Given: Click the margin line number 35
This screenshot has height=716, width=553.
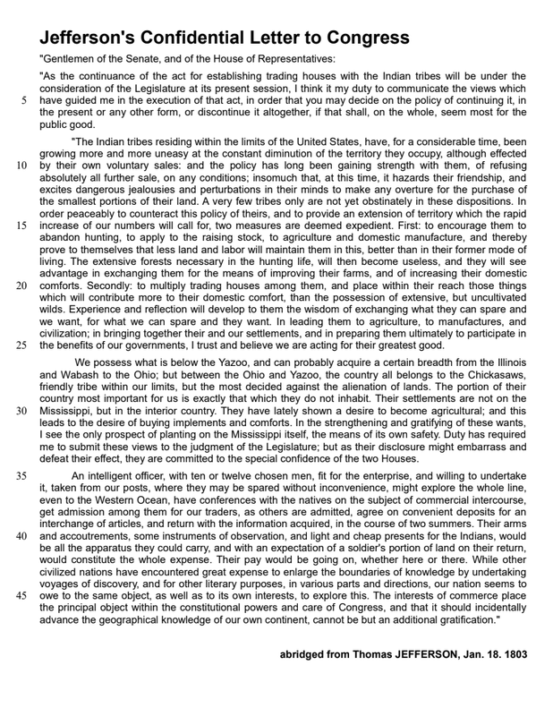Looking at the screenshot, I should tap(22, 476).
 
